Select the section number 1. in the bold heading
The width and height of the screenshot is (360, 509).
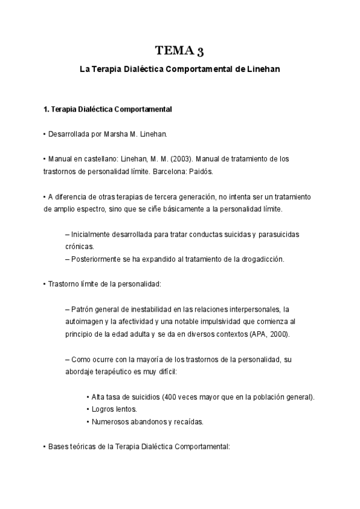click(47, 109)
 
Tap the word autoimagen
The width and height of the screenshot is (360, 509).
click(84, 321)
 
